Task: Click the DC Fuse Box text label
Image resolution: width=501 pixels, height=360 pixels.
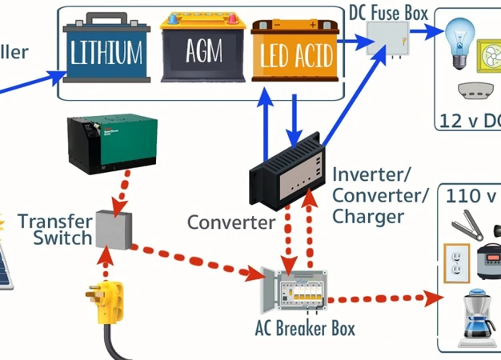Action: [x=389, y=13]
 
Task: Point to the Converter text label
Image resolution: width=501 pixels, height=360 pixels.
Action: [x=230, y=222]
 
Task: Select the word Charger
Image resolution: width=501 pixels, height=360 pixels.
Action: [x=366, y=216]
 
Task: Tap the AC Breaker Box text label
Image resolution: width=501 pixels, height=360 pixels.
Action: [x=305, y=328]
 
